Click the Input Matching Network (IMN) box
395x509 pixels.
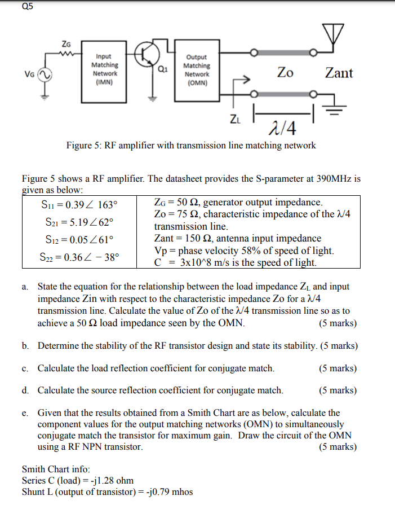(104, 69)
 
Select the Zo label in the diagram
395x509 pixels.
(285, 73)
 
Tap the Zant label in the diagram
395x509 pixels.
(339, 73)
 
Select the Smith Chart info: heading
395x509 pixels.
(56, 469)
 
